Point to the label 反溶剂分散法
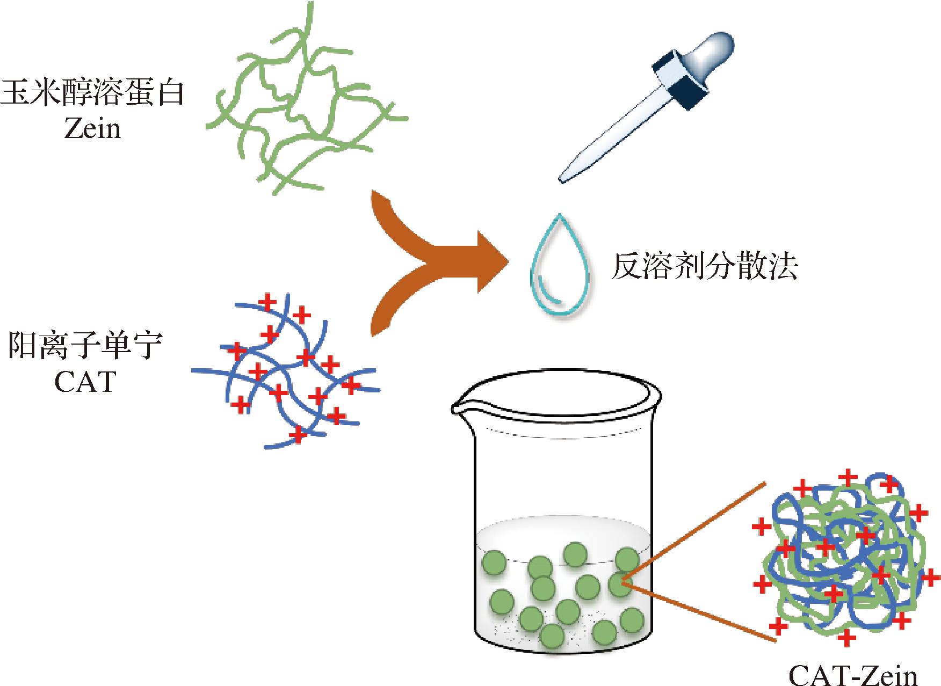tap(704, 267)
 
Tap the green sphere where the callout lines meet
tap(619, 583)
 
